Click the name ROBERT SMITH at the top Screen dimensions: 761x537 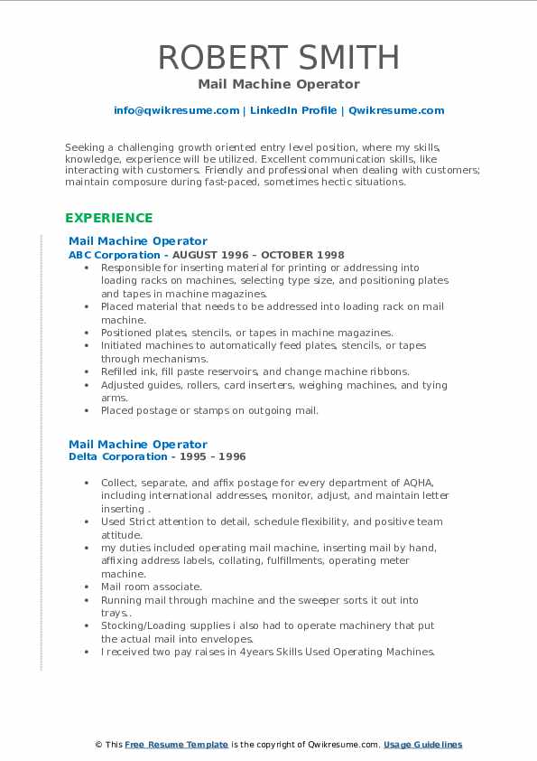(278, 57)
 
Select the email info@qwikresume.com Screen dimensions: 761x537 (176, 110)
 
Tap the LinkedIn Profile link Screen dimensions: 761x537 (292, 110)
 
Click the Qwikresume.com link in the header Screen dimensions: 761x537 (396, 110)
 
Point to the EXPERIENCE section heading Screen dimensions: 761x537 (108, 218)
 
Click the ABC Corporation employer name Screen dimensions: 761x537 (106, 255)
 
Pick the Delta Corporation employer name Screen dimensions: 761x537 (108, 457)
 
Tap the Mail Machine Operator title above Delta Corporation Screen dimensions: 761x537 (138, 444)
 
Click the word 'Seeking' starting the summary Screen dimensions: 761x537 (83, 145)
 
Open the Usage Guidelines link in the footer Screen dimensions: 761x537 (422, 745)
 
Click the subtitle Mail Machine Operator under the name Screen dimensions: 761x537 (278, 84)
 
